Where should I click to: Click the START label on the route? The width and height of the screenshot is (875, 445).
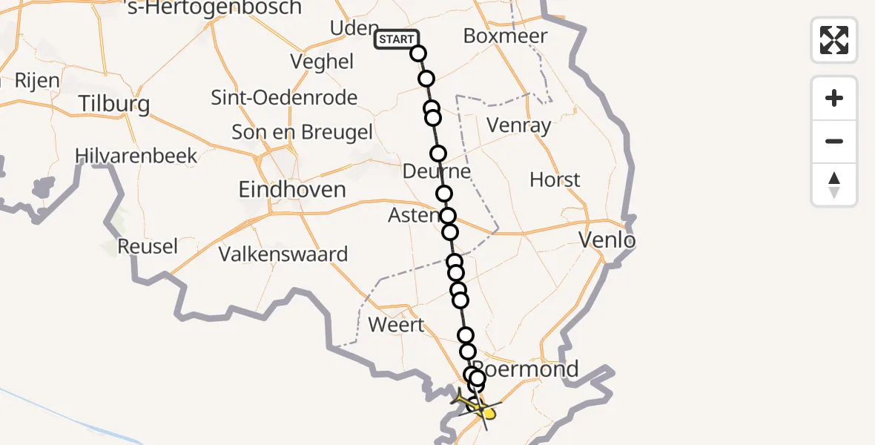(x=397, y=39)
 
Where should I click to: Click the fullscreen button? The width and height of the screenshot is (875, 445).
(x=834, y=40)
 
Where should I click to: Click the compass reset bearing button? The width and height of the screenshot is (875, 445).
(x=834, y=185)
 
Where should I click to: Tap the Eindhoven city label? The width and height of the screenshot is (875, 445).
(x=292, y=189)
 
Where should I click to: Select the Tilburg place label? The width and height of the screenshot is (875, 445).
(x=115, y=104)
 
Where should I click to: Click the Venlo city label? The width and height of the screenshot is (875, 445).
(x=607, y=240)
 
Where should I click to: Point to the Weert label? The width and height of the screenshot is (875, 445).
(x=397, y=325)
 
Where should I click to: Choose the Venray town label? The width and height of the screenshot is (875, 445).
(x=519, y=125)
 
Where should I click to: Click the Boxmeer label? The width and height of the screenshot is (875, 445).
(x=506, y=36)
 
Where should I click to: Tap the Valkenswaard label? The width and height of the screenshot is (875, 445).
(x=283, y=254)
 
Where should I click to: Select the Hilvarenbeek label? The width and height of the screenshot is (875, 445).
(x=136, y=156)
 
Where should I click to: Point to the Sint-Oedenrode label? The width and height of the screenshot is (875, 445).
(x=285, y=98)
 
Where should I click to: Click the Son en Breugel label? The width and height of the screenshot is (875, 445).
(x=303, y=132)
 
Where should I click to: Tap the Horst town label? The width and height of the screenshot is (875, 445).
(x=555, y=179)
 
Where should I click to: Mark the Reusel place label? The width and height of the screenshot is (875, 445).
(x=148, y=246)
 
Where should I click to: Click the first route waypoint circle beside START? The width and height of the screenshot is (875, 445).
(x=418, y=53)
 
